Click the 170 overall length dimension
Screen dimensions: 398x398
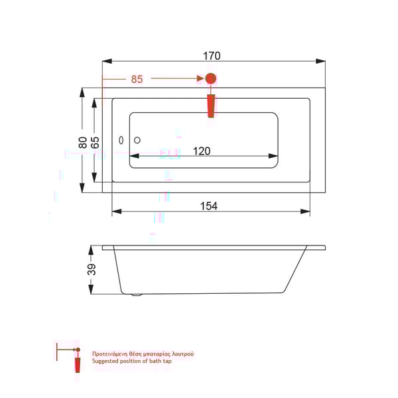pos(212,56)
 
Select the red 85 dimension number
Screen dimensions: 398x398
pos(137,79)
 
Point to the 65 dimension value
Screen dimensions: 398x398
pos(96,141)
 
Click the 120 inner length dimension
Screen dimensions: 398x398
pos(202,151)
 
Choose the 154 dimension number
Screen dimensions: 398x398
pos(209,206)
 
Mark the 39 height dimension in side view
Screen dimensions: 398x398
pos(92,269)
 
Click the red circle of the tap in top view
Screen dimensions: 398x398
pos(211,79)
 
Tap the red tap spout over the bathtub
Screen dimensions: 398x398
pos(211,105)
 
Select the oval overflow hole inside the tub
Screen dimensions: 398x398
pos(121,141)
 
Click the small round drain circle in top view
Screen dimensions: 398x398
pos(137,140)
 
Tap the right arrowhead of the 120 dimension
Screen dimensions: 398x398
pos(273,157)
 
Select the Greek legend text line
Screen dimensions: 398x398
pos(143,354)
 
